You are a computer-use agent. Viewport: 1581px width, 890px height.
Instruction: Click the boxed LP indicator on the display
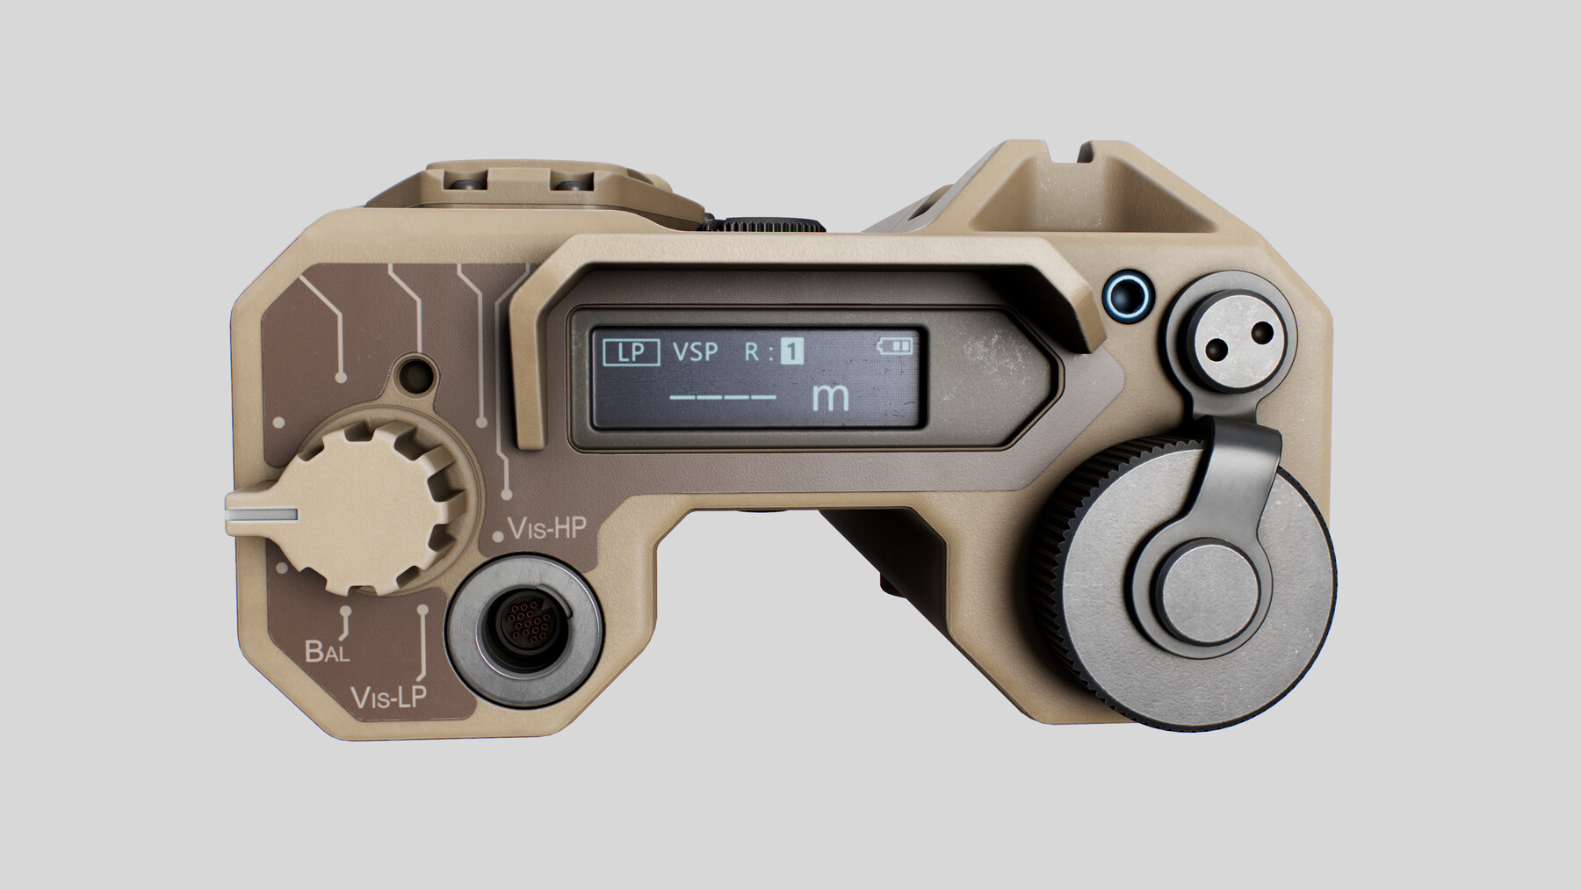point(632,352)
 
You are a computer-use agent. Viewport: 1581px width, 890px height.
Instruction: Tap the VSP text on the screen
point(696,352)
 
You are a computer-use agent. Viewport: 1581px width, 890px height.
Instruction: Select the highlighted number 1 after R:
point(792,352)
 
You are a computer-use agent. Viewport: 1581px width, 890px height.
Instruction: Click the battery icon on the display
point(896,346)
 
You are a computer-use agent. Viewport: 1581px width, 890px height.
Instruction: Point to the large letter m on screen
point(830,397)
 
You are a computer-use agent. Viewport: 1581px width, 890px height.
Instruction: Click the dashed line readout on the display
point(723,397)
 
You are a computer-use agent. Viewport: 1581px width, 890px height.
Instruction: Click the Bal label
point(327,651)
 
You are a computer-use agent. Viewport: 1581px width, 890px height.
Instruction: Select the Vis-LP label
point(388,698)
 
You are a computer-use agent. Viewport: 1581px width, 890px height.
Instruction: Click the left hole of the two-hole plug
point(1217,350)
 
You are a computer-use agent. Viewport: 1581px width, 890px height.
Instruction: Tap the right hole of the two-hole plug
point(1262,332)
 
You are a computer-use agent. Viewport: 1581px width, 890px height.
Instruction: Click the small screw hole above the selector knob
point(414,375)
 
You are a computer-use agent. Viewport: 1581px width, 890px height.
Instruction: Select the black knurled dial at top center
point(762,223)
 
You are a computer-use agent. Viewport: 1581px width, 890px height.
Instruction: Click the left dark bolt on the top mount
point(466,184)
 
